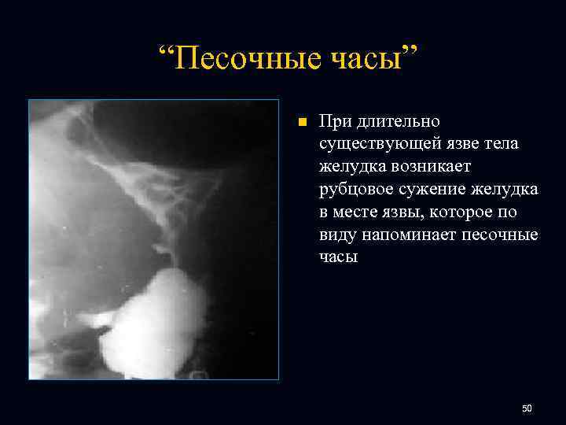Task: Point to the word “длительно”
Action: coord(400,122)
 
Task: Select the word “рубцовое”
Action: coord(355,190)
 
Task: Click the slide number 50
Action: coord(527,408)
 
